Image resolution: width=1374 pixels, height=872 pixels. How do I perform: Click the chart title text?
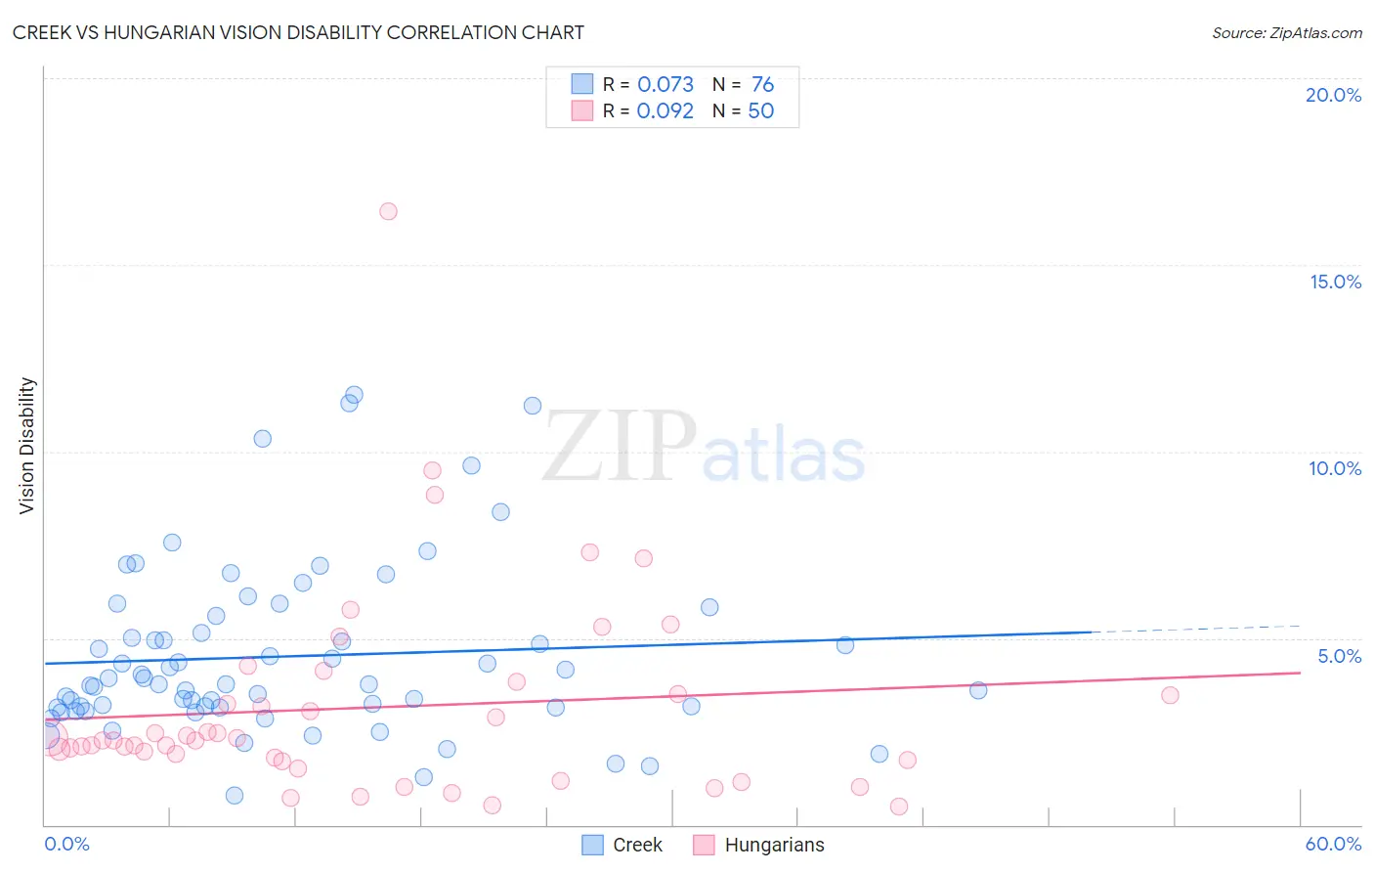(298, 32)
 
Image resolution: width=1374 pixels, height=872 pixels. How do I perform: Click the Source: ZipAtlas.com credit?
(1286, 32)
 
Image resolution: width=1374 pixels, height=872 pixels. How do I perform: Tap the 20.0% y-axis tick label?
(1333, 95)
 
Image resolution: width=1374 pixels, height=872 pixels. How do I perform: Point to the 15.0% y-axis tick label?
(1335, 282)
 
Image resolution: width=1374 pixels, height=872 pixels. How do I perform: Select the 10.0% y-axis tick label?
(1335, 468)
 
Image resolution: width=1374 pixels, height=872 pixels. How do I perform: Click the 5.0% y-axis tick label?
(1339, 656)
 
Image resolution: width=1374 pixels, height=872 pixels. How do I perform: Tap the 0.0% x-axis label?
(66, 844)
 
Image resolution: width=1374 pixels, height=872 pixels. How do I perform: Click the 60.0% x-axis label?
(1333, 844)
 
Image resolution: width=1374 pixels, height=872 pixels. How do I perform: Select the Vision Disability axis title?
(27, 446)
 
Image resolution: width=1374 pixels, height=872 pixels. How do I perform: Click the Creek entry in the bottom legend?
(637, 845)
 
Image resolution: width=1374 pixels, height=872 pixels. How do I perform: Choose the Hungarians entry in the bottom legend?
(774, 845)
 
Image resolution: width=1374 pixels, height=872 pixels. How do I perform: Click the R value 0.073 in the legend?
(666, 84)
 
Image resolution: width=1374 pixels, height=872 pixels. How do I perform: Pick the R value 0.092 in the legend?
(666, 110)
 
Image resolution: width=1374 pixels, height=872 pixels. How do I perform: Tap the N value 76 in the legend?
(762, 84)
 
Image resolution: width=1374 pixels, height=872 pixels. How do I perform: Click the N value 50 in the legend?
(760, 110)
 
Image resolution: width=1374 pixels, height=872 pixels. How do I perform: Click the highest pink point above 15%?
(388, 211)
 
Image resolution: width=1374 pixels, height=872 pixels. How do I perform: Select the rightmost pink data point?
(1170, 695)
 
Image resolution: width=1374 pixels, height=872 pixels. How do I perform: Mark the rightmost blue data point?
(978, 690)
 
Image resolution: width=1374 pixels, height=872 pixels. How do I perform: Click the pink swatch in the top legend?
(582, 110)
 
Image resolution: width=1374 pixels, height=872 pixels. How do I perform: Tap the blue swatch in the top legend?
(582, 84)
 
